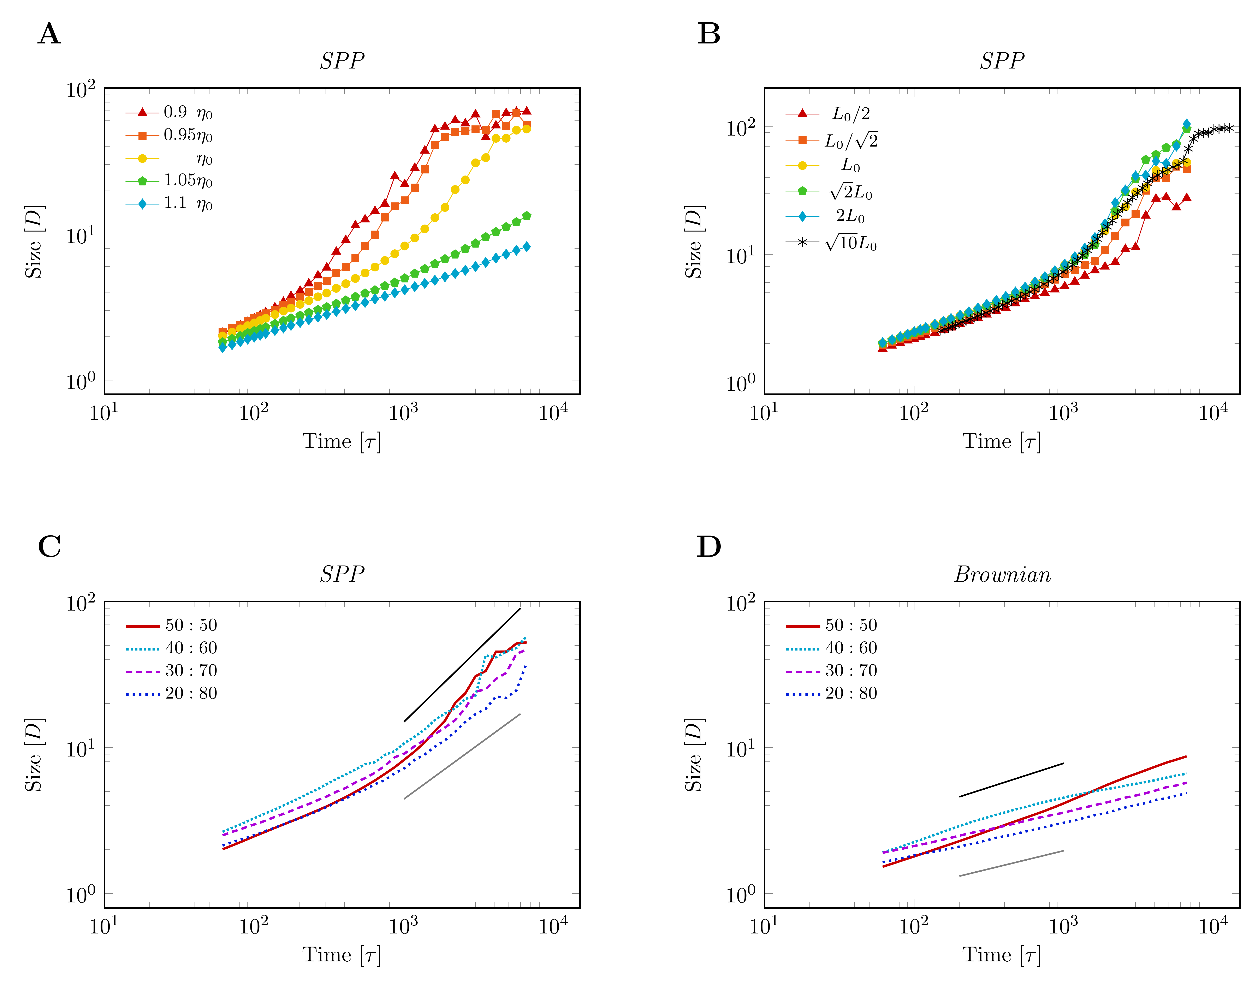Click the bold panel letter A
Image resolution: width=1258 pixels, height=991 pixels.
(49, 34)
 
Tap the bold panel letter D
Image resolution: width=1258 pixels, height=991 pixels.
(708, 547)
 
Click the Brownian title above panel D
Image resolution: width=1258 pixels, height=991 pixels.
(1002, 574)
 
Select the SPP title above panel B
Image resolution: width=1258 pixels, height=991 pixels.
(1002, 60)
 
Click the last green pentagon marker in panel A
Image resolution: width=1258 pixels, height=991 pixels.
(526, 216)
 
